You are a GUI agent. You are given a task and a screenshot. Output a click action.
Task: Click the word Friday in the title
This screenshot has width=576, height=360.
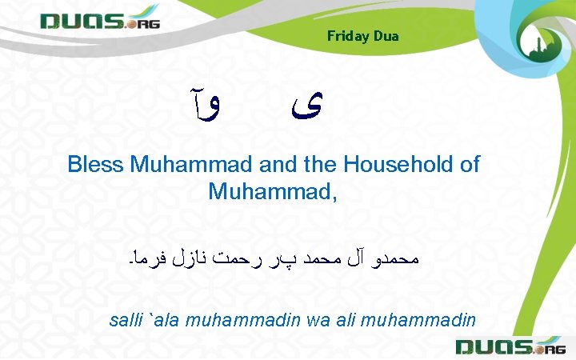[346, 36]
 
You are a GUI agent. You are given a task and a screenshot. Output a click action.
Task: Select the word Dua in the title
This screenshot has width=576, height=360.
[385, 36]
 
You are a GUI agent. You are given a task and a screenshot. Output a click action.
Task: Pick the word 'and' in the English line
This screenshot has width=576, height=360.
[278, 165]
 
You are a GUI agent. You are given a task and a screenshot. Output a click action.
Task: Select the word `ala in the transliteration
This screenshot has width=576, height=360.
[163, 321]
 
